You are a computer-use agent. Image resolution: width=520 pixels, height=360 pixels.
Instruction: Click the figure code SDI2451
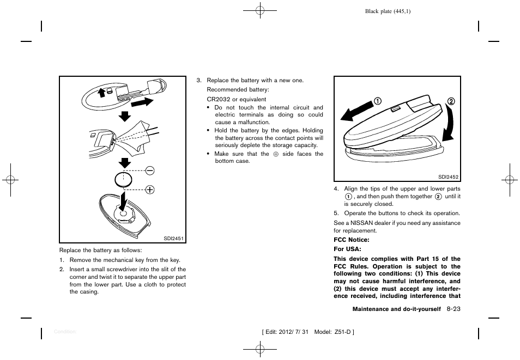[x=174, y=238]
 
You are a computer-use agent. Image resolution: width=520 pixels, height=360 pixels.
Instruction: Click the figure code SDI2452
[x=449, y=176]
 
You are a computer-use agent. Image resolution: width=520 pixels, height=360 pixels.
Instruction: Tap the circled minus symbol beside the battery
[x=149, y=171]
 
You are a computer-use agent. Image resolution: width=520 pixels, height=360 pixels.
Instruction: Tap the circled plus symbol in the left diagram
[x=149, y=190]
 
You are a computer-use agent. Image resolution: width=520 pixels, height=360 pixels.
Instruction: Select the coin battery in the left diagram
[x=124, y=180]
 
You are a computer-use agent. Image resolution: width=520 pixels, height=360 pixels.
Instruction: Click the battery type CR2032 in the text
[x=219, y=100]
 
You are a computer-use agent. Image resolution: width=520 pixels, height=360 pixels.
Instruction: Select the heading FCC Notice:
[x=352, y=240]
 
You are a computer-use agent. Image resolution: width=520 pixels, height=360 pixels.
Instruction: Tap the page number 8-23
[x=454, y=309]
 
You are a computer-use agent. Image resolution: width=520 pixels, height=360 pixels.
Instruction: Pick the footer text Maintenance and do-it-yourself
[x=396, y=309]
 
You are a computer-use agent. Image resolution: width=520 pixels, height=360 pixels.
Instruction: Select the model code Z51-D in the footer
[x=340, y=332]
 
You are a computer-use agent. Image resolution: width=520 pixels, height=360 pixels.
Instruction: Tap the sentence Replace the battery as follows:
[x=100, y=251]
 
